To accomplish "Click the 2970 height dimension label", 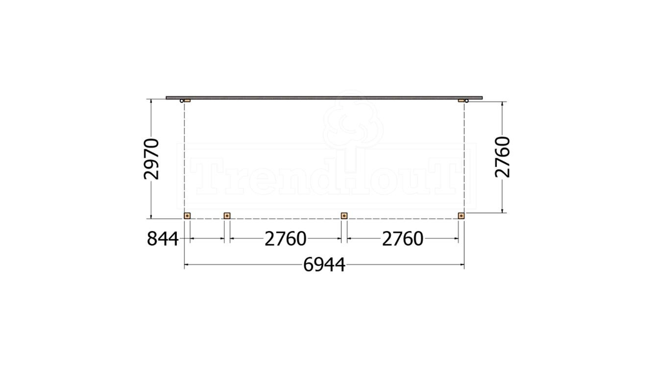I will pyautogui.click(x=152, y=159).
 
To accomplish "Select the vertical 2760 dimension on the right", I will pyautogui.click(x=503, y=157).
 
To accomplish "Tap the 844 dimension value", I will pyautogui.click(x=163, y=239).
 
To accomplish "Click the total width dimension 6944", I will pyautogui.click(x=324, y=265).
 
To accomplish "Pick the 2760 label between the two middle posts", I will pyautogui.click(x=285, y=239).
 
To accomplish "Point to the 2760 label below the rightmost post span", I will pyautogui.click(x=402, y=239).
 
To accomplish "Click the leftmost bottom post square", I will pyautogui.click(x=187, y=215).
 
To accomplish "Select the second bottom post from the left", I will pyautogui.click(x=227, y=215).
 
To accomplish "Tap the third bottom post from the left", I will pyautogui.click(x=344, y=215).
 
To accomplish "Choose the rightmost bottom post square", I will pyautogui.click(x=461, y=215).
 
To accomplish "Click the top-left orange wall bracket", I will pyautogui.click(x=187, y=100).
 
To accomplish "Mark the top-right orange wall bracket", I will pyautogui.click(x=461, y=100).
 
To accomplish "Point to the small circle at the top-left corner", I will pyautogui.click(x=182, y=101).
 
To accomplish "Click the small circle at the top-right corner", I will pyautogui.click(x=466, y=101).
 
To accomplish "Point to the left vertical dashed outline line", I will pyautogui.click(x=184, y=157).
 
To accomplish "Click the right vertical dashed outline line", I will pyautogui.click(x=464, y=157).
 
